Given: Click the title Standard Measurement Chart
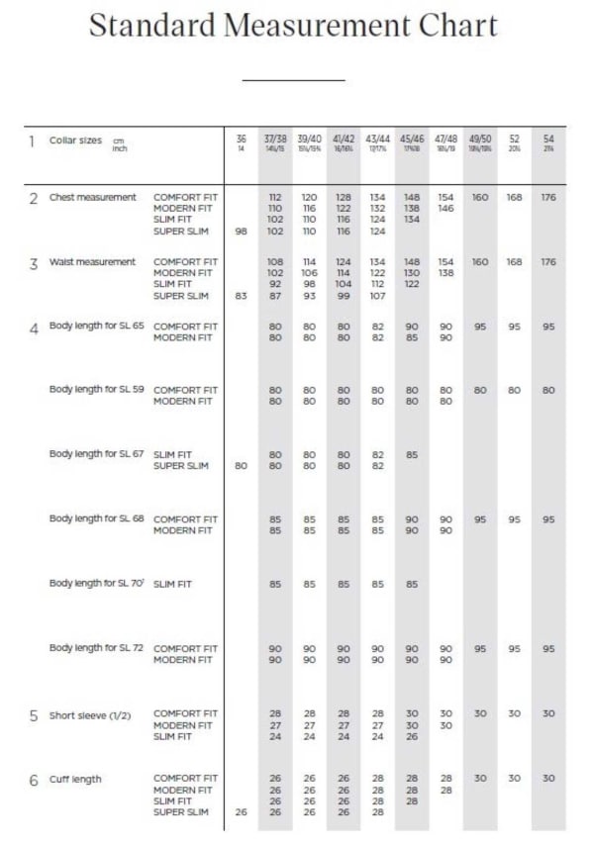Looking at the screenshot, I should (293, 26).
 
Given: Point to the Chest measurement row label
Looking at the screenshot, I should (93, 197).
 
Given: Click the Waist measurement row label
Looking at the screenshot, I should (92, 262).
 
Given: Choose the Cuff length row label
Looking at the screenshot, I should (75, 779).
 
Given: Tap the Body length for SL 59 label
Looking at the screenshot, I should (97, 389).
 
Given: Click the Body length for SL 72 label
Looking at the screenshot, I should (97, 647).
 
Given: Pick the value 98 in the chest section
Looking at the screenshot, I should (241, 232).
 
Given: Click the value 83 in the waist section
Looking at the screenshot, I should (241, 296).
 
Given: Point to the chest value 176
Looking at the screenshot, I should (548, 197).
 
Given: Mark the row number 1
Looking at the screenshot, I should (33, 141).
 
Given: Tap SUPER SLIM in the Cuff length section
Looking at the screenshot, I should (181, 812).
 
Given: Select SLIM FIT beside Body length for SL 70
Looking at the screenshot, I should (172, 584).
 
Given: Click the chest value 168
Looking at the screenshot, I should (514, 197).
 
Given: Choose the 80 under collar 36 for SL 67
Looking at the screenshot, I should (241, 465).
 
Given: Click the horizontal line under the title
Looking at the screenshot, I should (293, 79).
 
